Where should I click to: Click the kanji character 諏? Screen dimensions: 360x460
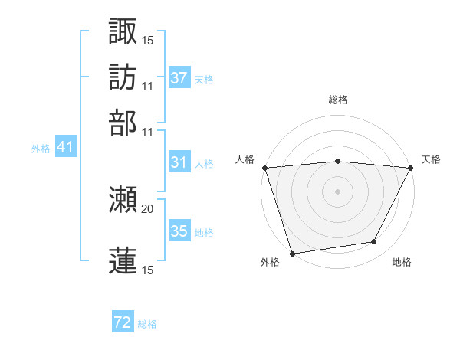pos(123,31)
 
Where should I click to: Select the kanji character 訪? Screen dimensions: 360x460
pos(123,77)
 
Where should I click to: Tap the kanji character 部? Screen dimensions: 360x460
pos(123,123)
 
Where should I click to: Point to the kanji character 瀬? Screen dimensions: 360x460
pos(123,201)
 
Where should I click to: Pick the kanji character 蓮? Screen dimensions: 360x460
pos(123,260)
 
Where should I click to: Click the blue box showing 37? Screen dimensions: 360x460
pos(179,78)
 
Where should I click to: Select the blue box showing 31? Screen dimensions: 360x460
pos(179,162)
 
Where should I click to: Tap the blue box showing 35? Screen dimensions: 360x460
pos(179,231)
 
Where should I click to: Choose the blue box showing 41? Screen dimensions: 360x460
pos(64,148)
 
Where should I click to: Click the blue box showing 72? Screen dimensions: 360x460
pos(123,323)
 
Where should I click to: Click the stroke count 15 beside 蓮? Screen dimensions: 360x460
pos(147,270)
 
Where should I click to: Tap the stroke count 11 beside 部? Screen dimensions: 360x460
pos(147,131)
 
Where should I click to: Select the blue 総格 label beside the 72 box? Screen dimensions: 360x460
pos(147,324)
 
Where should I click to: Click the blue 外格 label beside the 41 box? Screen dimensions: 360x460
pos(40,149)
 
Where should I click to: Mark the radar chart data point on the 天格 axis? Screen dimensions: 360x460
pos(411,168)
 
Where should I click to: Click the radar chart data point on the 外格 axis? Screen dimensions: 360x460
pos(292,253)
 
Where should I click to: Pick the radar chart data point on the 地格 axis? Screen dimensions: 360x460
pos(374,242)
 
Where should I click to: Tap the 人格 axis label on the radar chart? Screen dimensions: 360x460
pos(245,159)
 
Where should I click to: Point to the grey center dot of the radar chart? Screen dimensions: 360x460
pos(337,191)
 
